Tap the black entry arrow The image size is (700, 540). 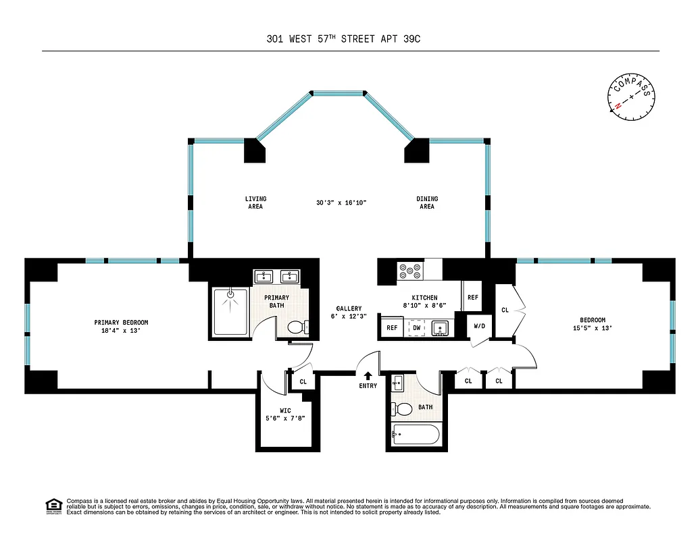pos(368,376)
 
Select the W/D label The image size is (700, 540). pos(479,326)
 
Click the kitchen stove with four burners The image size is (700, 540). pos(409,270)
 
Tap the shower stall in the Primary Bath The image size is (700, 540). pos(230,311)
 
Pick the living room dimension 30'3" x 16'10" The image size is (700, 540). pos(341,202)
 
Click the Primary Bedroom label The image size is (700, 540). pos(121,323)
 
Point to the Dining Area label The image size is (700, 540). pos(427,202)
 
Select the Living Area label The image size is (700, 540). pos(255,202)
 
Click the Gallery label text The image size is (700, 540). pos(349,308)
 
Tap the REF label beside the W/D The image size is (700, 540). pos(472,297)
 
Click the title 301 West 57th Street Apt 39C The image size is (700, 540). pos(348,39)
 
